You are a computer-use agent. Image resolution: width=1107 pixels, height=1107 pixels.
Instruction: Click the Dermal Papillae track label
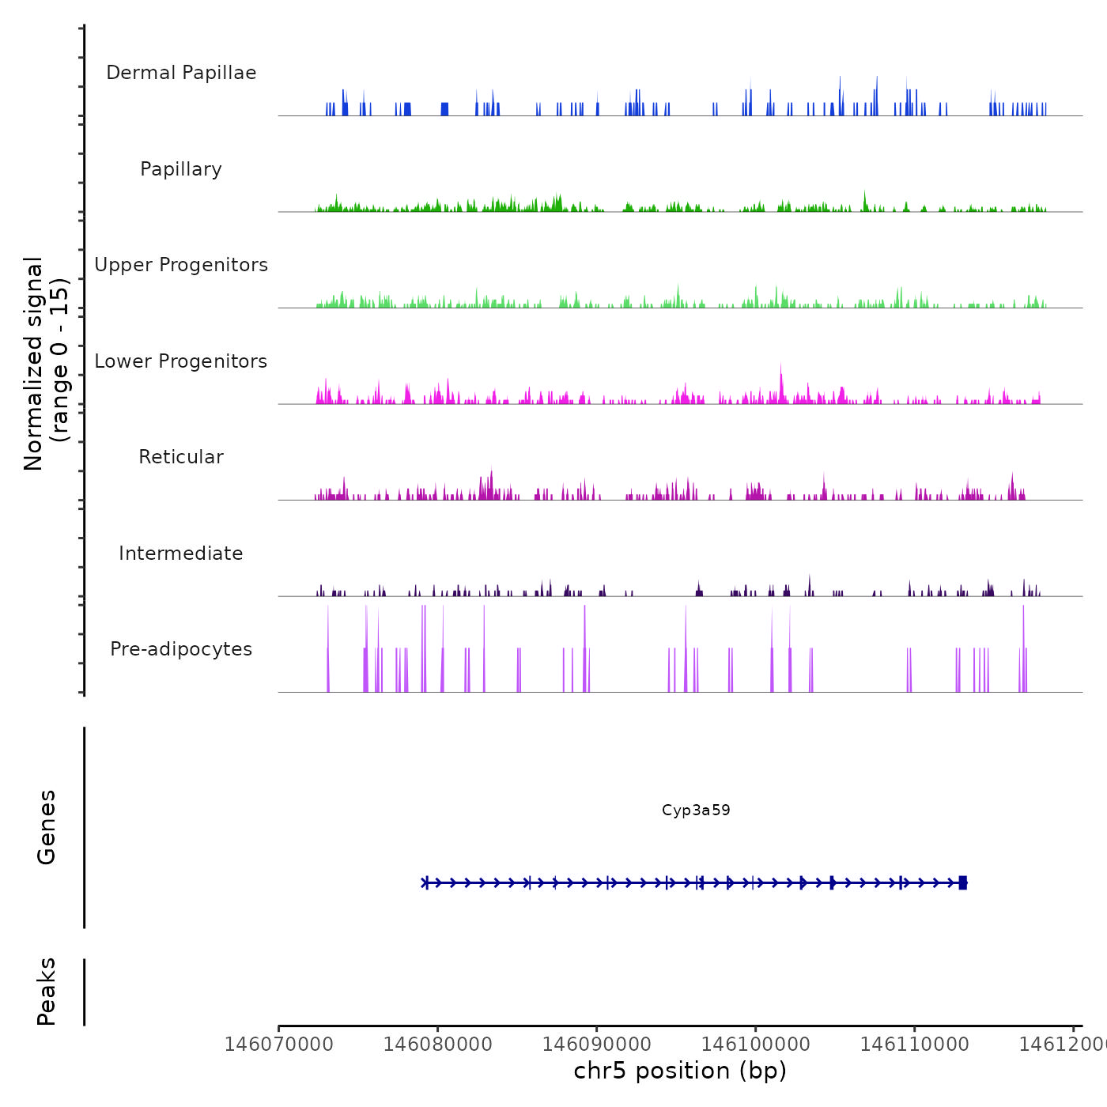[181, 73]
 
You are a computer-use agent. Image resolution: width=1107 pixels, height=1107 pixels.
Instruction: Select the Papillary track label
[181, 169]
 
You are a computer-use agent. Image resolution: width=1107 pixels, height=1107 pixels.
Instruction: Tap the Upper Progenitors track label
[181, 265]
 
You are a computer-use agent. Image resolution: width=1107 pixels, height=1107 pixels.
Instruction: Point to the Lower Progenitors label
[181, 361]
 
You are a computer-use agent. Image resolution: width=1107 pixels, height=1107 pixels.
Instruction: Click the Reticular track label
[181, 457]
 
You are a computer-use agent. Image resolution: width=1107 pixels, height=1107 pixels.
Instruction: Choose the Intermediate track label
[181, 553]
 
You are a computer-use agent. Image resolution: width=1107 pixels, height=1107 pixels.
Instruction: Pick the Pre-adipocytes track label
[181, 649]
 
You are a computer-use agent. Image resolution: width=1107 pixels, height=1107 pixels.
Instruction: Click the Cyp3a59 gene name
[696, 810]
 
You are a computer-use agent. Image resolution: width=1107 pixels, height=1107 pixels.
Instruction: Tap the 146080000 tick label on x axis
[437, 1045]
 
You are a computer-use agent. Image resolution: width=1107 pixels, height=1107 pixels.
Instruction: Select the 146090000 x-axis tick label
[596, 1045]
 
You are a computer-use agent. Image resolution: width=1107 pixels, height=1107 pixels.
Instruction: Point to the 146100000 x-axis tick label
[755, 1045]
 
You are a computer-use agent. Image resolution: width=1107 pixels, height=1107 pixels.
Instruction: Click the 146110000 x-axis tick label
[914, 1045]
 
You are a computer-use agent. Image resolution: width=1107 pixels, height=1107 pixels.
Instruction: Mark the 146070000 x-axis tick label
[278, 1045]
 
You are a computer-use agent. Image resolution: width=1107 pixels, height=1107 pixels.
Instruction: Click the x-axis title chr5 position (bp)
[680, 1071]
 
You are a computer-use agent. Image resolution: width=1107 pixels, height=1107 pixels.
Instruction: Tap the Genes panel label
[47, 827]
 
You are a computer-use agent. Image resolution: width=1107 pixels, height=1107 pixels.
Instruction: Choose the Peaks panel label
[47, 992]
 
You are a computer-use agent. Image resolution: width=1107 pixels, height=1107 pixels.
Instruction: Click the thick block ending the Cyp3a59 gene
[962, 882]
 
